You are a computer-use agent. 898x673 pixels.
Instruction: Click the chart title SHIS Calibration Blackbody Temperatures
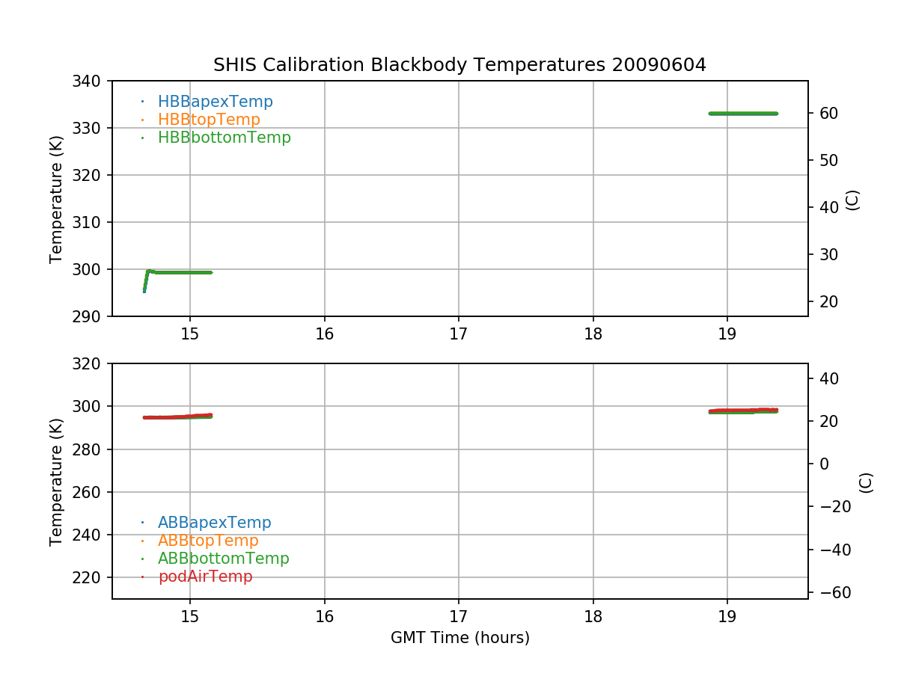coord(459,65)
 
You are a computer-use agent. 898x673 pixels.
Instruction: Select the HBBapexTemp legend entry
coord(215,102)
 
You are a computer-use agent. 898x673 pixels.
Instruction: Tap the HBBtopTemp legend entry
coord(209,120)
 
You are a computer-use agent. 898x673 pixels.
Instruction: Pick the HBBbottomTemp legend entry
coord(224,138)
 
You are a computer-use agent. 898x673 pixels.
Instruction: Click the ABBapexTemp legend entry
coord(214,523)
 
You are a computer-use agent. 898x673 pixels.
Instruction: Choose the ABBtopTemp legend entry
coord(208,541)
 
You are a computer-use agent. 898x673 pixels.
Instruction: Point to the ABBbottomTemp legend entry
coord(223,559)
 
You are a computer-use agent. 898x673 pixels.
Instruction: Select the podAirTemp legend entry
coord(205,577)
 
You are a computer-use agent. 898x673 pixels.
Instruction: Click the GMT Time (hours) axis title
coord(459,638)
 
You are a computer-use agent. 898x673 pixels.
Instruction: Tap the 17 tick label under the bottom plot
coord(459,617)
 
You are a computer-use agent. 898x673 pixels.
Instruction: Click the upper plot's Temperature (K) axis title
coord(56,199)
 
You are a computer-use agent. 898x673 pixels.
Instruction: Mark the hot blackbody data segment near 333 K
coord(743,114)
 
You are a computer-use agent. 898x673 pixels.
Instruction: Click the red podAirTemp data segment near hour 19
coord(743,410)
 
